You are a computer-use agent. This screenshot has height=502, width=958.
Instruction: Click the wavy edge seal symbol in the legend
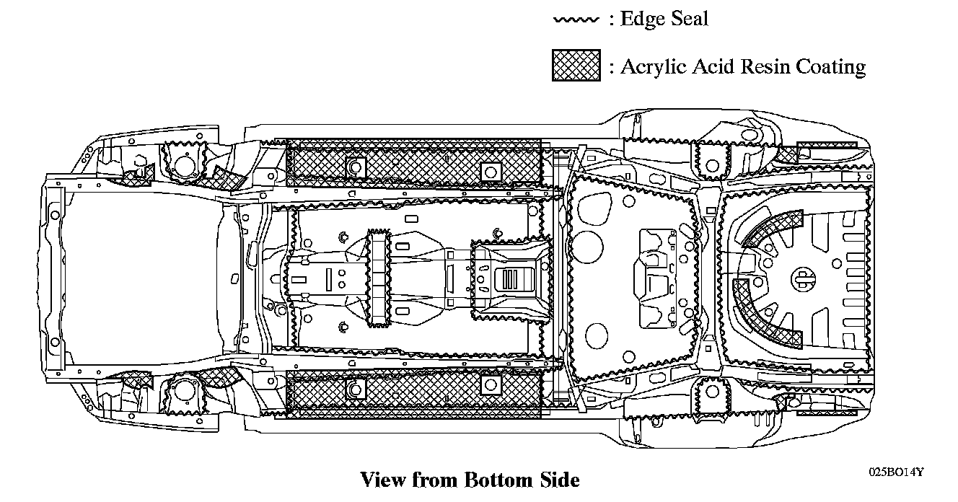click(x=576, y=19)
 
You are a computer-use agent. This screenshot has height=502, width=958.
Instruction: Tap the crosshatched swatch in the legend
click(x=576, y=66)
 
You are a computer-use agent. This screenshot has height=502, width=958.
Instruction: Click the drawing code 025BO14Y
click(x=896, y=472)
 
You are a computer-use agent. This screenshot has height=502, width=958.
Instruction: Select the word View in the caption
click(x=384, y=480)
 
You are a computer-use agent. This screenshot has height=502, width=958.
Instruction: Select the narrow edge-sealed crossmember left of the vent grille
click(x=379, y=277)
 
